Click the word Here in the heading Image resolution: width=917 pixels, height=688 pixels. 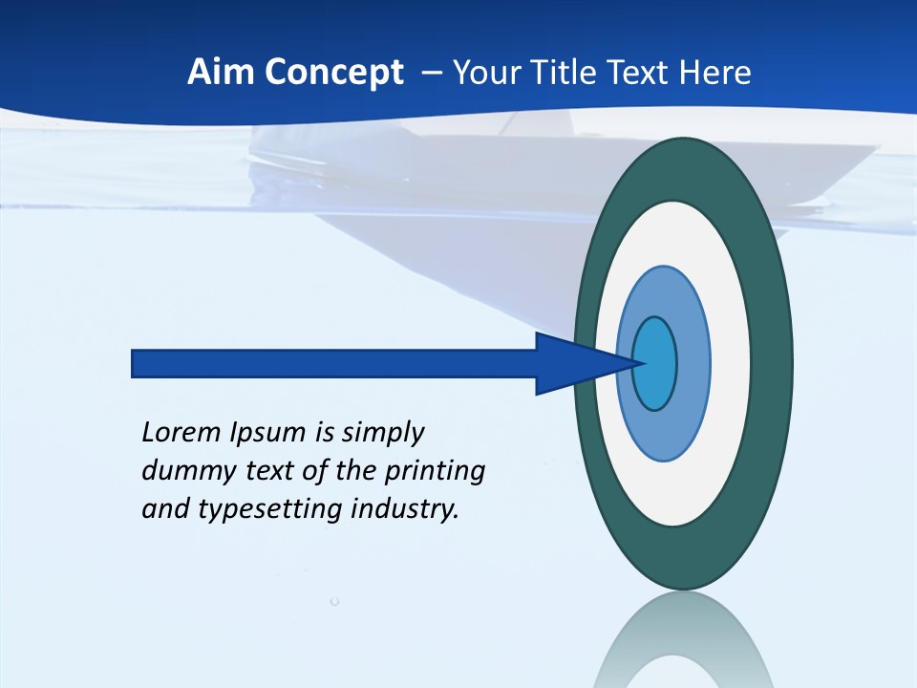715,72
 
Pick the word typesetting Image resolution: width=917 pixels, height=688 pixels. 271,509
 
